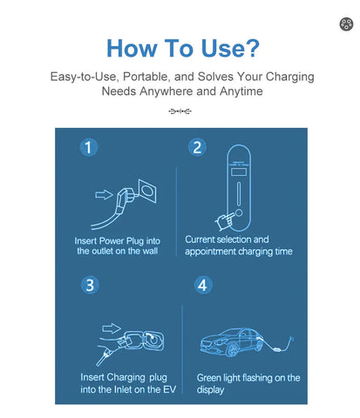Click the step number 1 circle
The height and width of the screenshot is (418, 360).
(89, 147)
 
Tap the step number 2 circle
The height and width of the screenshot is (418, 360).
(197, 147)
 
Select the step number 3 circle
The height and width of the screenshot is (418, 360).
(90, 285)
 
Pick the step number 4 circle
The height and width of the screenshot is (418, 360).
(203, 285)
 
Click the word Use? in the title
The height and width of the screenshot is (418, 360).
(230, 48)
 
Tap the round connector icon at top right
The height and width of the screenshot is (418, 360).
(346, 24)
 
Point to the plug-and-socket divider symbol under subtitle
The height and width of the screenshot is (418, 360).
(180, 111)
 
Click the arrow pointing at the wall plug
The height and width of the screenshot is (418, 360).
(104, 194)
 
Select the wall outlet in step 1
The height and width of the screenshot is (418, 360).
(147, 191)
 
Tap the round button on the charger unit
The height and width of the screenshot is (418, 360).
(239, 212)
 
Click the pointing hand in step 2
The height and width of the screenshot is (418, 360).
(225, 221)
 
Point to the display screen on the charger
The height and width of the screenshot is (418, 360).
(239, 172)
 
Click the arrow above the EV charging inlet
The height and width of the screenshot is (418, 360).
(112, 328)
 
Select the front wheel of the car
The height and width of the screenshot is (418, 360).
(233, 349)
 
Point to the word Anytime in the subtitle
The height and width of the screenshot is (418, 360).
(241, 91)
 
